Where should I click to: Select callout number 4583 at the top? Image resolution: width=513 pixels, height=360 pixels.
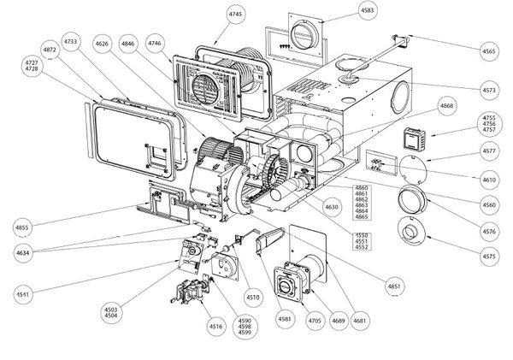pyautogui.click(x=343, y=10)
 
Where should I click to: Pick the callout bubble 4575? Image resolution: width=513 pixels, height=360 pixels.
pyautogui.click(x=490, y=257)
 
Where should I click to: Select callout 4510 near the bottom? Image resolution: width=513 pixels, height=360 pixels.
pyautogui.click(x=252, y=297)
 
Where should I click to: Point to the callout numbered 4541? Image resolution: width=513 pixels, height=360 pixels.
pyautogui.click(x=21, y=295)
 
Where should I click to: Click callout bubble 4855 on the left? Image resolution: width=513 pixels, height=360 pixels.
pyautogui.click(x=21, y=227)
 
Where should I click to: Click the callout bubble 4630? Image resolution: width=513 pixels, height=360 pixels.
pyautogui.click(x=308, y=206)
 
